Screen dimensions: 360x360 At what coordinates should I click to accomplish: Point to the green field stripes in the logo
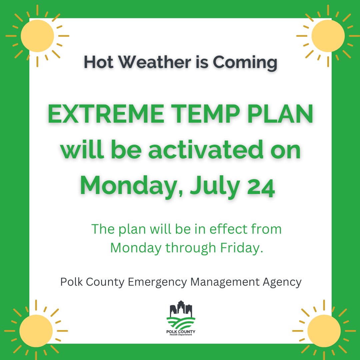181,323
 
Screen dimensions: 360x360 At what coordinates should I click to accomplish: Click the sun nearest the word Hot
37,36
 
